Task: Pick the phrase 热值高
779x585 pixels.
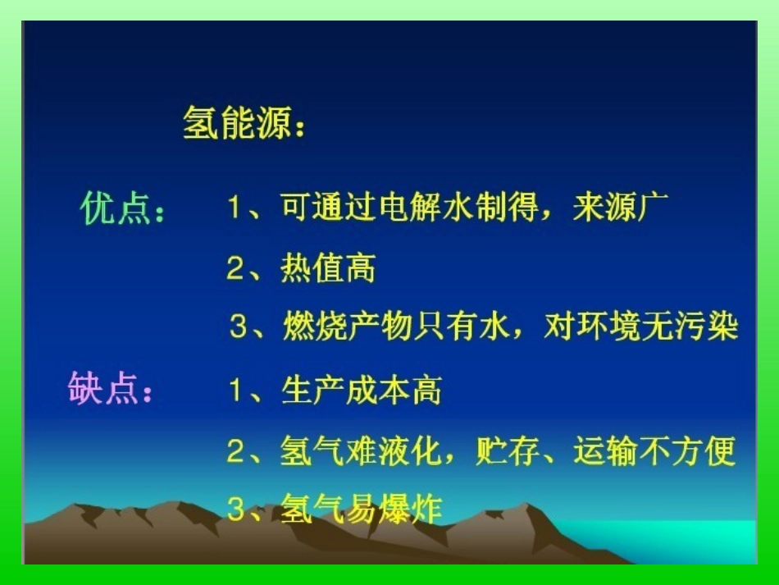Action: pos(328,268)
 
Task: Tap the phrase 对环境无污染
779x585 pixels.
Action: pos(640,327)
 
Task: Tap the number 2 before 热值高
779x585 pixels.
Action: pos(235,269)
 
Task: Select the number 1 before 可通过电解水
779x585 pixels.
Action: pos(235,208)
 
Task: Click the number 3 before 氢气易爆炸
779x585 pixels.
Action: pos(236,510)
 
